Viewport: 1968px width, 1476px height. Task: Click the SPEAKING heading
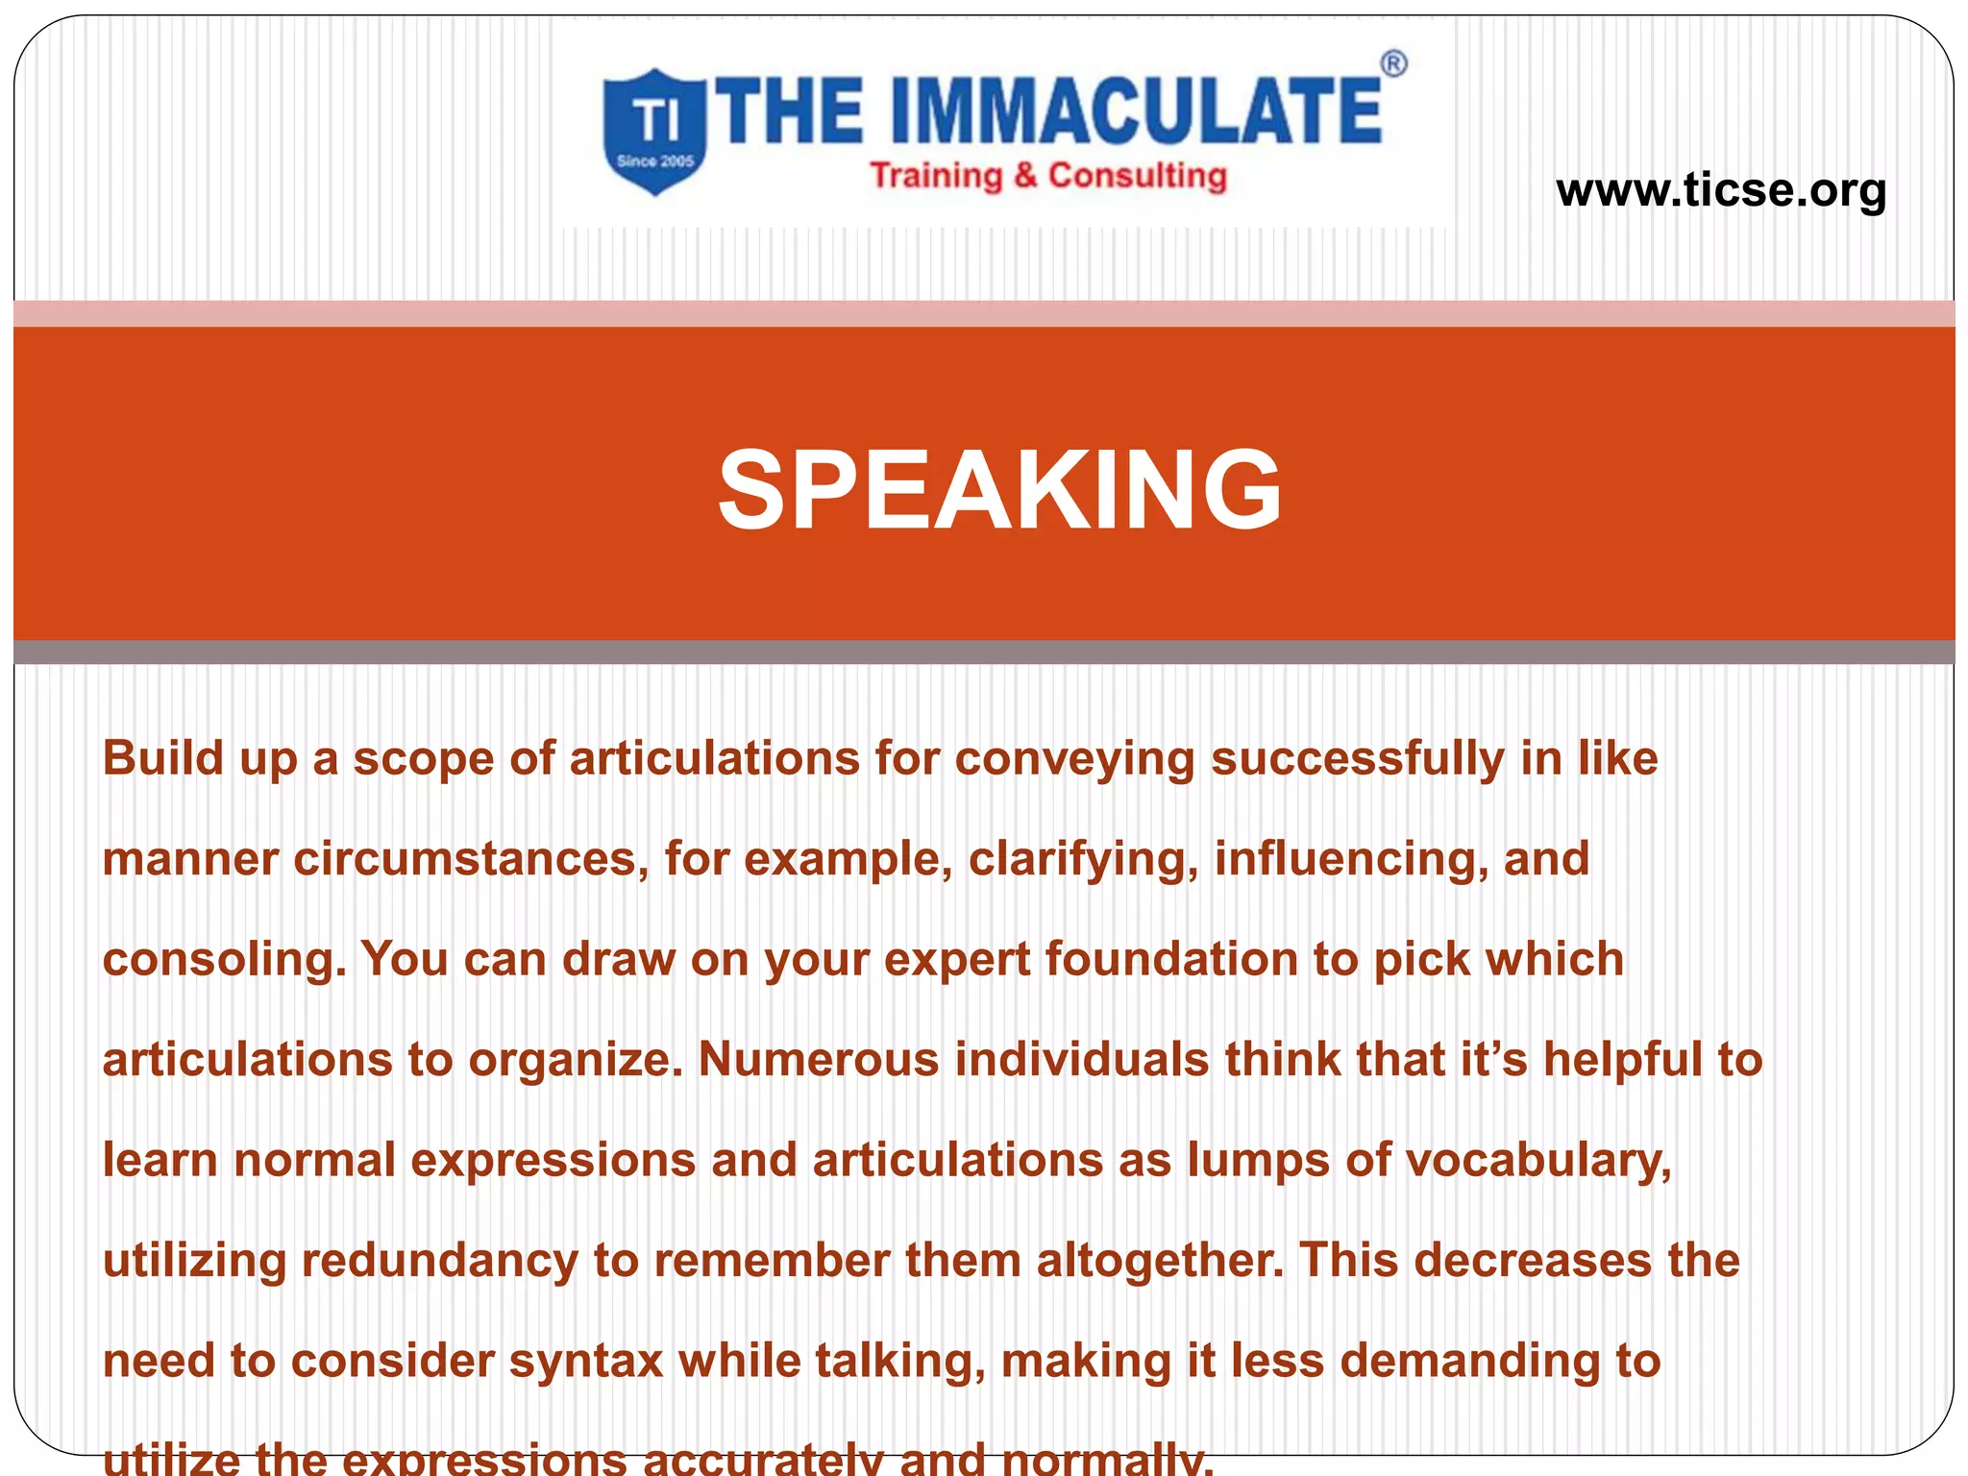click(999, 489)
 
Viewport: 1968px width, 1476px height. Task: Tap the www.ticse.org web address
click(1721, 189)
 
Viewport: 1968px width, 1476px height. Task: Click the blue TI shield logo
click(655, 132)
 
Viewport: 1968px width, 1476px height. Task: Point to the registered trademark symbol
click(1393, 64)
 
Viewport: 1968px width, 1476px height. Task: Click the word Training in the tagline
click(936, 176)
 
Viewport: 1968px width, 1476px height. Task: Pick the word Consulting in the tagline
click(1138, 176)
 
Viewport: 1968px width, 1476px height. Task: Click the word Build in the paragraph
click(162, 758)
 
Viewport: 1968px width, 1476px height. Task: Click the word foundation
click(1171, 959)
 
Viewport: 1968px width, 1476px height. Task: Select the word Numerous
click(818, 1060)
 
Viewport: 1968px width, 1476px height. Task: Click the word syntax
click(586, 1362)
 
